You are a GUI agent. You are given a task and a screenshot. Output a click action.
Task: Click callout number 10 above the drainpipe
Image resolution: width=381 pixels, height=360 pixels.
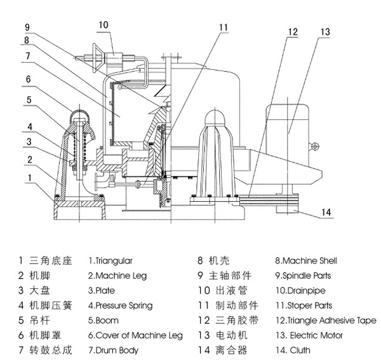(104, 24)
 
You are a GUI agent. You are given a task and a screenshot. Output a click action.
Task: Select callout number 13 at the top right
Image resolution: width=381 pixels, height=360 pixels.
(324, 32)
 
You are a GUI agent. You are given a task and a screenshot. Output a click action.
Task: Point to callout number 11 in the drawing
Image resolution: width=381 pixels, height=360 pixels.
(223, 27)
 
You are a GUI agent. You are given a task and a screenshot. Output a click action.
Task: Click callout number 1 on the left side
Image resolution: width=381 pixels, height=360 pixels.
(28, 179)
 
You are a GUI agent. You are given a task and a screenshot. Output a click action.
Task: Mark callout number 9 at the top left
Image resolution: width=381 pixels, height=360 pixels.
(28, 27)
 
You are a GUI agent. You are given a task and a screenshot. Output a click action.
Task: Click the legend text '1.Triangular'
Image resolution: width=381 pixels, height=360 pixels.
(110, 261)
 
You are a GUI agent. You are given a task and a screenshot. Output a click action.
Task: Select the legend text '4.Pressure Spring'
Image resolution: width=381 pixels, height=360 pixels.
(120, 306)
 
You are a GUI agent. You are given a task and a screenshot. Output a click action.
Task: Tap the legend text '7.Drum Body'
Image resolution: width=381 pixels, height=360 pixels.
(113, 350)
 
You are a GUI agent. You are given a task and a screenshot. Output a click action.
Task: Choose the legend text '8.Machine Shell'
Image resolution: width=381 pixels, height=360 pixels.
(305, 261)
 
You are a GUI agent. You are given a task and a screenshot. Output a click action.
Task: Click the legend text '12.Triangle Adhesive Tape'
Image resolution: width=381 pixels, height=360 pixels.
(324, 321)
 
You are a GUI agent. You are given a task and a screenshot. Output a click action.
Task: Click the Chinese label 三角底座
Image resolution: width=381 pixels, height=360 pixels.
(48, 261)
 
